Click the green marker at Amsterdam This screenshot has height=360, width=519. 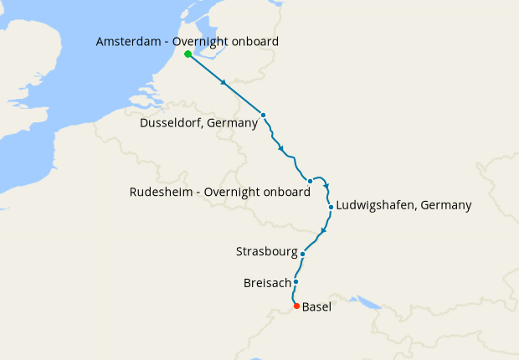tap(188, 54)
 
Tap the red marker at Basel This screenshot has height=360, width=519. tap(296, 306)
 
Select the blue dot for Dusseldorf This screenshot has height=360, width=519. tap(263, 115)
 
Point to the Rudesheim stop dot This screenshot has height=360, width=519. tap(310, 181)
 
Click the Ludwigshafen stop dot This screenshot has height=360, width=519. tap(331, 207)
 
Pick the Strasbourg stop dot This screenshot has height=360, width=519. tap(302, 254)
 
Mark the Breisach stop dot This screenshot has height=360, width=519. tap(295, 282)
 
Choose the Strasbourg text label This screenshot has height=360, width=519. tap(266, 251)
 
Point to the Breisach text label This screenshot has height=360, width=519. tap(266, 283)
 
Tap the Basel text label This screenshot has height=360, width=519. tap(316, 307)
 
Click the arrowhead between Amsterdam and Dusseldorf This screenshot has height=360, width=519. tap(224, 84)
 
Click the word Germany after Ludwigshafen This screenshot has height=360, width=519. tap(445, 205)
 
